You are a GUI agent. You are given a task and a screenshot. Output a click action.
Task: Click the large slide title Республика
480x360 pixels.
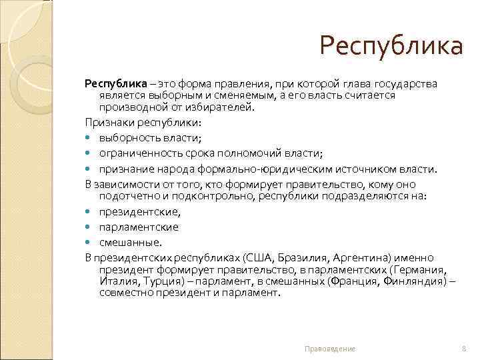coord(390,47)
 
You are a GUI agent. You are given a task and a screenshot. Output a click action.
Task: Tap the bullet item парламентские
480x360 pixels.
coord(139,227)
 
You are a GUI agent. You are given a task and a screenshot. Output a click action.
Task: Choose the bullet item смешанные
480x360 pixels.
coord(130,242)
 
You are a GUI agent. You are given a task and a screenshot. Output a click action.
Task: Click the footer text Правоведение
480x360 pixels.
coord(330,349)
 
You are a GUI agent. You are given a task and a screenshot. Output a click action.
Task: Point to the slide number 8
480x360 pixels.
coord(463,349)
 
